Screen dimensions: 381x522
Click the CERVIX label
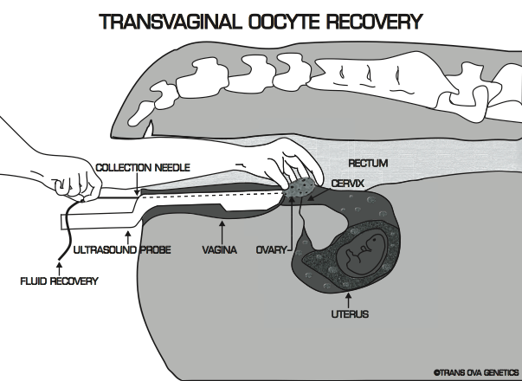click(351, 184)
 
